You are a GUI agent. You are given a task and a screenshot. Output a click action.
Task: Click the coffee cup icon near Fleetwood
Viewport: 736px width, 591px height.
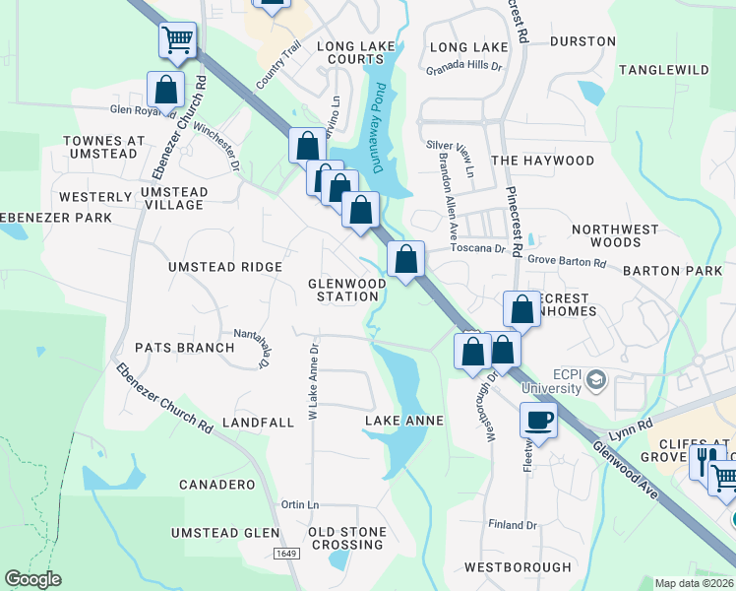point(537,421)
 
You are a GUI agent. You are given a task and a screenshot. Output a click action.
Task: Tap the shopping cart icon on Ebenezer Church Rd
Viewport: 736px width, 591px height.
point(178,40)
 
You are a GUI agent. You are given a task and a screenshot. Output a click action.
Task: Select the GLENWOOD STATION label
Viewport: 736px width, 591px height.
point(346,290)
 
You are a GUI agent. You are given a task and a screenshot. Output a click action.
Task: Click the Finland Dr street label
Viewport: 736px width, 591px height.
point(512,525)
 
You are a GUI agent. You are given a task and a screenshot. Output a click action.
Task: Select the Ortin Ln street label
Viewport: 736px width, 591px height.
point(300,505)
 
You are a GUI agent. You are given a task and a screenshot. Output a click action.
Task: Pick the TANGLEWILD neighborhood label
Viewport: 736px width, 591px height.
point(664,70)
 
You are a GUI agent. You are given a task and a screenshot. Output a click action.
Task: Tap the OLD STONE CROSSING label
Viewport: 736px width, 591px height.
point(347,538)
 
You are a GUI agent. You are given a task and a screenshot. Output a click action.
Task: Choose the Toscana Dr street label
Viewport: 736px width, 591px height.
point(477,248)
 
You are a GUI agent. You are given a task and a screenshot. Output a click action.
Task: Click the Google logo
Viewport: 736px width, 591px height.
point(33,579)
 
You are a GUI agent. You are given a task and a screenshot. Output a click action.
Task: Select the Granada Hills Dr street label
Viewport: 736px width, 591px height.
point(463,69)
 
